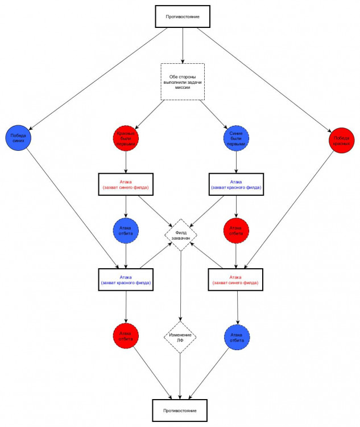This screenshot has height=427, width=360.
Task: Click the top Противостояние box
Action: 183,16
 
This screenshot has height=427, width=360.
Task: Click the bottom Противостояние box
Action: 180,409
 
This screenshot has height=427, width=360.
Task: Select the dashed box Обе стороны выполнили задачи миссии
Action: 183,81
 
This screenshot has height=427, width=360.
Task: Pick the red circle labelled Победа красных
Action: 341,139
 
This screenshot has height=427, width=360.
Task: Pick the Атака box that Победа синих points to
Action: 126,279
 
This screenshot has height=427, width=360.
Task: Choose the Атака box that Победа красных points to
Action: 236,279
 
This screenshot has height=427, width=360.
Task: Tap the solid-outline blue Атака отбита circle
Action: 237,336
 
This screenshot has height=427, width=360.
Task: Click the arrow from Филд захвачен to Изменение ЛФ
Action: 180,285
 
